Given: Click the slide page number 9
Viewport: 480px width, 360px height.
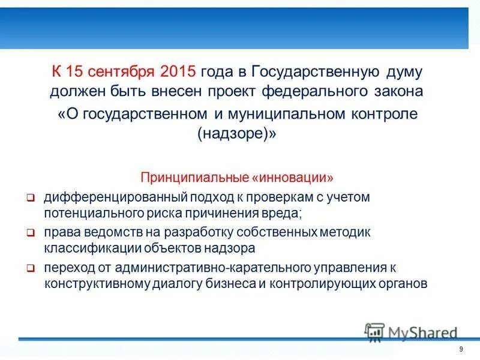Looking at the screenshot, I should pyautogui.click(x=461, y=350).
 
